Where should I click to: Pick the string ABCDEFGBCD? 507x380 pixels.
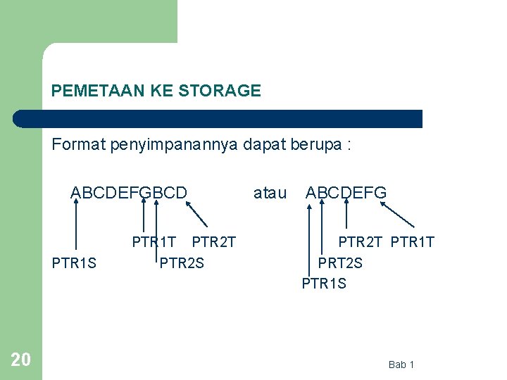tap(129, 192)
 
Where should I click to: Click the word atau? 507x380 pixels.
tap(270, 192)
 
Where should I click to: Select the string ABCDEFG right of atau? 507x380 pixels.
tap(346, 192)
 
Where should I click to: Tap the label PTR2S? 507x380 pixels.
tap(182, 264)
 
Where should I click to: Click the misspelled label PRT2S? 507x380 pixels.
tap(340, 263)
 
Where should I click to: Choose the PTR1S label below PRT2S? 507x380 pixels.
tap(324, 284)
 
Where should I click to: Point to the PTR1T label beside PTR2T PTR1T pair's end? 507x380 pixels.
tap(413, 243)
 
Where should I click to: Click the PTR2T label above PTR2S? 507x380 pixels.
tap(213, 243)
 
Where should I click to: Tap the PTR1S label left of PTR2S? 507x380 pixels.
tap(74, 264)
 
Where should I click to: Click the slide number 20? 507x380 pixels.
tap(21, 360)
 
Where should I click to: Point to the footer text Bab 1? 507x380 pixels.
tap(401, 365)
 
